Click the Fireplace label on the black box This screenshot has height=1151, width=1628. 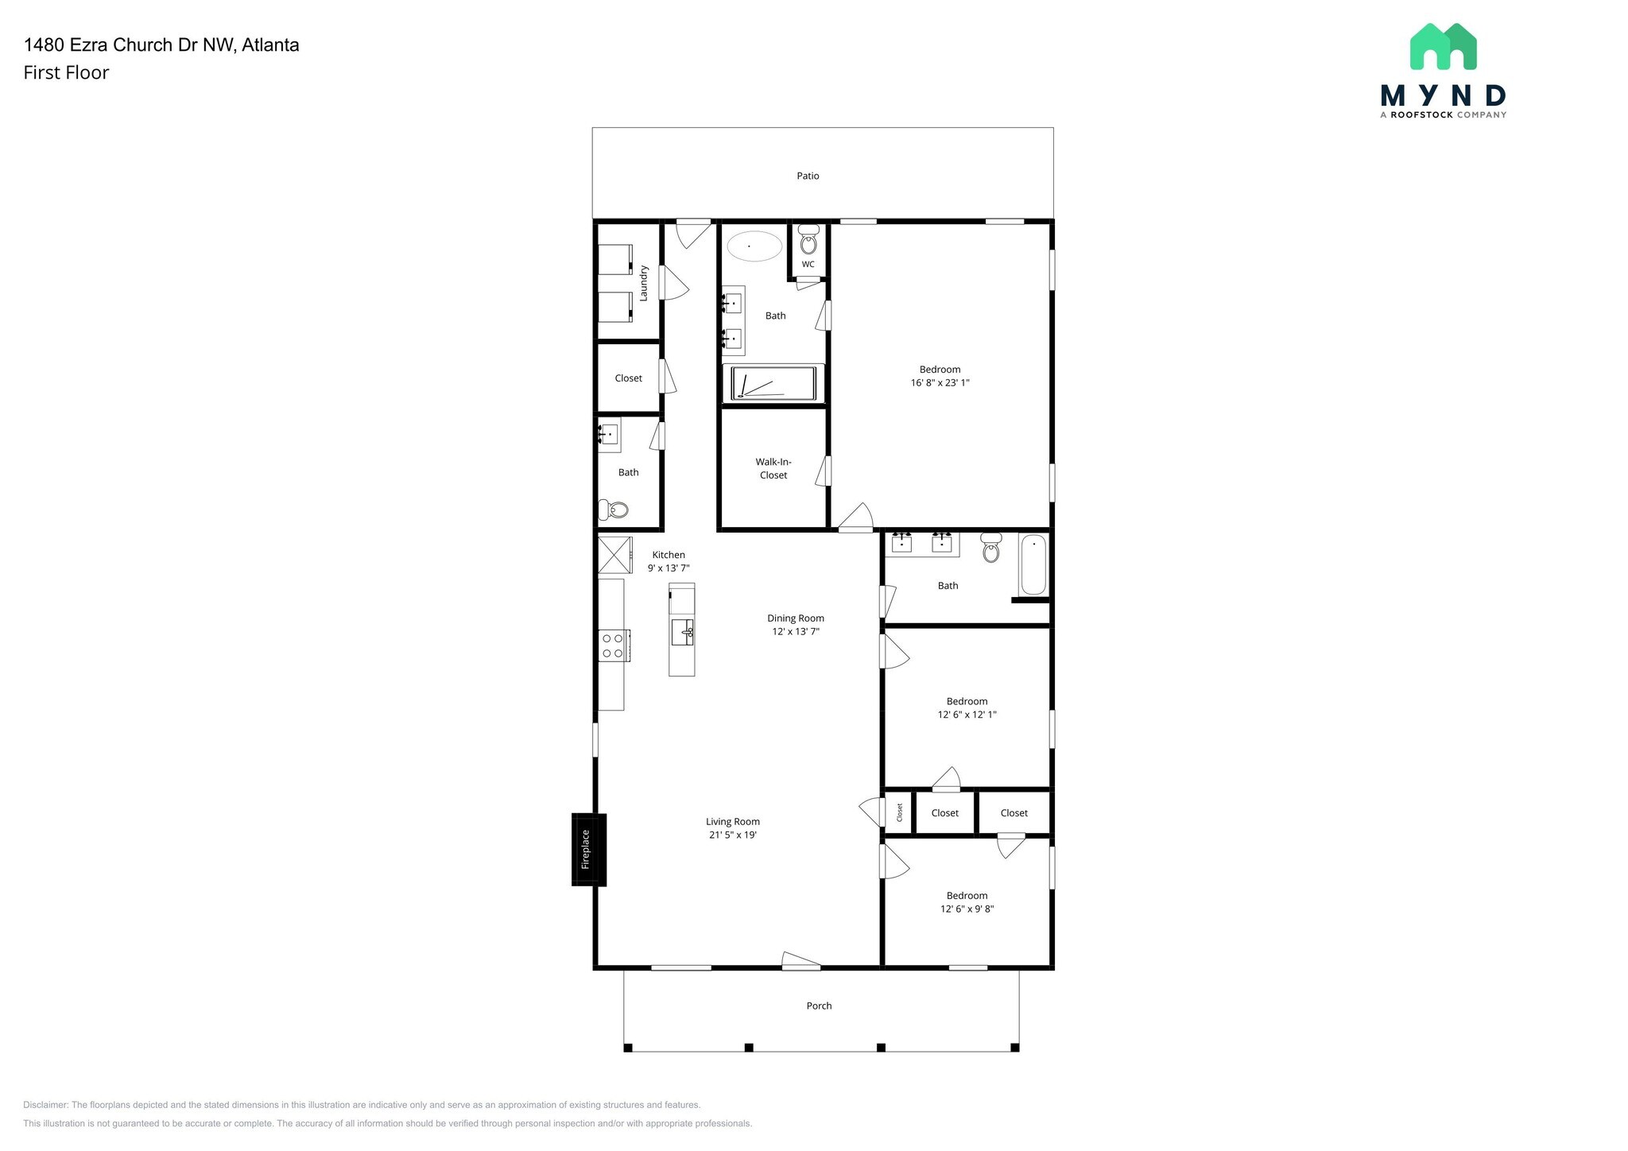point(586,849)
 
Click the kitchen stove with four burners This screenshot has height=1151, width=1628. point(614,645)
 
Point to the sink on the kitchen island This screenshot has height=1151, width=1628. point(682,633)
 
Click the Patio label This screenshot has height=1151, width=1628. point(808,176)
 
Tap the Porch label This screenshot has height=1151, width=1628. point(819,1006)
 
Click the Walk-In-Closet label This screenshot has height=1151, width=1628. point(773,468)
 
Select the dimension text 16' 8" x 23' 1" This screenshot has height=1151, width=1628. point(940,383)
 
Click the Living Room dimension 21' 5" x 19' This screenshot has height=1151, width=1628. point(732,835)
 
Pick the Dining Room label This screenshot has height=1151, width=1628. point(795,618)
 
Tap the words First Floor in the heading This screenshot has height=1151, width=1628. point(66,73)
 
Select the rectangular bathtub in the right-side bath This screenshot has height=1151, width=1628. point(1033,565)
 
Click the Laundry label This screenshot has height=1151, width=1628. point(644,283)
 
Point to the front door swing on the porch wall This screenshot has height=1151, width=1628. point(800,961)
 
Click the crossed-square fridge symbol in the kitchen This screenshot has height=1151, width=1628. point(614,555)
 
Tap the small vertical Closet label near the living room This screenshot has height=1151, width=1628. point(900,812)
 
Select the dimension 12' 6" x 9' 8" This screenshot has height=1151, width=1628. point(967,909)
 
